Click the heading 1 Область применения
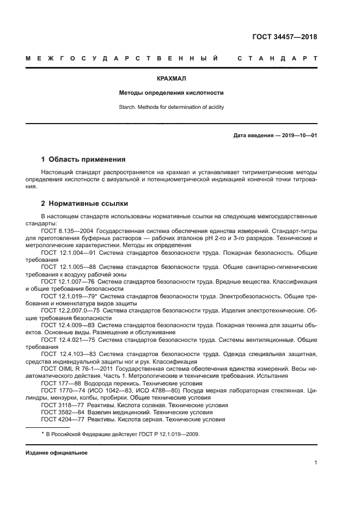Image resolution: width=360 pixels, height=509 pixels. pos(83,160)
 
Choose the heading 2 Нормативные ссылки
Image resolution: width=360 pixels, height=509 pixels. pos(84,204)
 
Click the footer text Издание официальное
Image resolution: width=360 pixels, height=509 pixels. pos(57,453)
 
